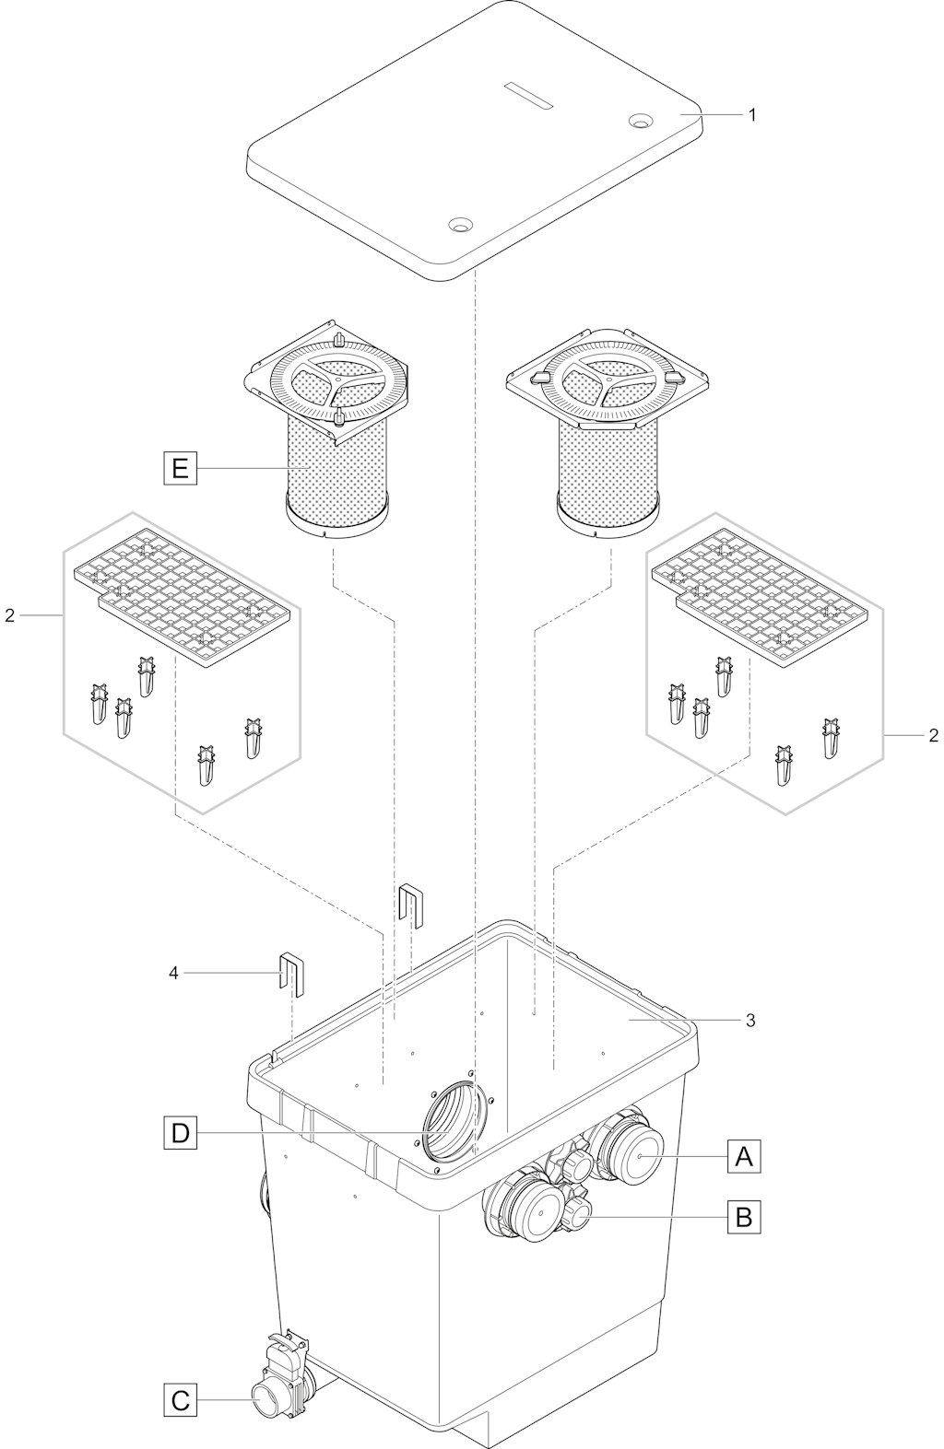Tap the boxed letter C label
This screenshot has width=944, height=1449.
[180, 1395]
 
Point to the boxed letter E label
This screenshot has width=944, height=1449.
[180, 468]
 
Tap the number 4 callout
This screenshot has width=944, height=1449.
[173, 972]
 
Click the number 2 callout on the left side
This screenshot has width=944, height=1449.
[10, 615]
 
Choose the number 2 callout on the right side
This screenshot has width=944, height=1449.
[933, 735]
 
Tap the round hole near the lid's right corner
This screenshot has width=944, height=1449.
[642, 121]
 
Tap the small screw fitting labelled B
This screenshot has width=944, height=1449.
[576, 1215]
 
